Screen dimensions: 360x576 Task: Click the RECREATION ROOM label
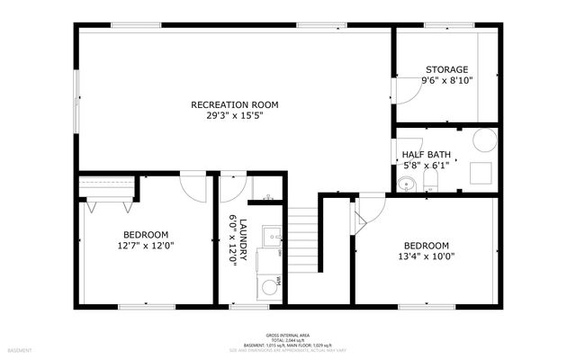234,105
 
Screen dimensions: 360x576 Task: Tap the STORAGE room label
446,69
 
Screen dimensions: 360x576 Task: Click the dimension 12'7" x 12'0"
145,245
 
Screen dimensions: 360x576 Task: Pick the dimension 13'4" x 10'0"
426,256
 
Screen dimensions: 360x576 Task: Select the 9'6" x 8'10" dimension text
447,81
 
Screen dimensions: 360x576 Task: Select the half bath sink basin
407,185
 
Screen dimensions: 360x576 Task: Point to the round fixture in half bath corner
485,139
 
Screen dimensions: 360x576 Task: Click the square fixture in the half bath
481,171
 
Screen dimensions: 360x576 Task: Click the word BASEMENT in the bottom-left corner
19,350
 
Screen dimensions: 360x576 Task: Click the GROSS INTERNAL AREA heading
287,333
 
